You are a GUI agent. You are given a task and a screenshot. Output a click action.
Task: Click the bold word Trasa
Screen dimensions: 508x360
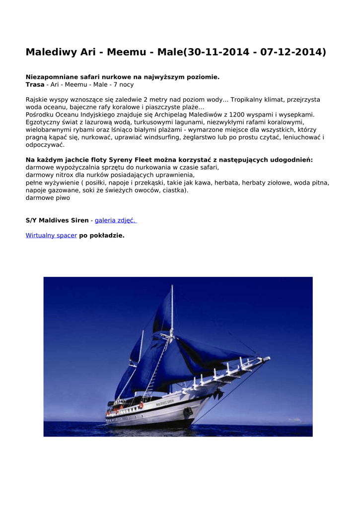[35, 85]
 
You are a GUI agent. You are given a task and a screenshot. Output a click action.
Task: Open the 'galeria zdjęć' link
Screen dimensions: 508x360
[116, 220]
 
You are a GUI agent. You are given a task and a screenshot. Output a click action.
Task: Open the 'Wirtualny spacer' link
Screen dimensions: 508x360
[51, 236]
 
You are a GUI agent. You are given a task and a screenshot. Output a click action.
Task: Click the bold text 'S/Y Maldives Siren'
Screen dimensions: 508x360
[57, 220]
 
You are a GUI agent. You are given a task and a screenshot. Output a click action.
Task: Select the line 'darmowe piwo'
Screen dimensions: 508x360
[48, 197]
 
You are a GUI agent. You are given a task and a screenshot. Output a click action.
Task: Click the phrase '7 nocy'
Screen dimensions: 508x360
[124, 85]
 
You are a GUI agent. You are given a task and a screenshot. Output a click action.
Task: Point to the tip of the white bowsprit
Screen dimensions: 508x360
[268, 358]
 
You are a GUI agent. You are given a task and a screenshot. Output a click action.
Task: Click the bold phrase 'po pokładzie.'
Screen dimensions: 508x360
[102, 236]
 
